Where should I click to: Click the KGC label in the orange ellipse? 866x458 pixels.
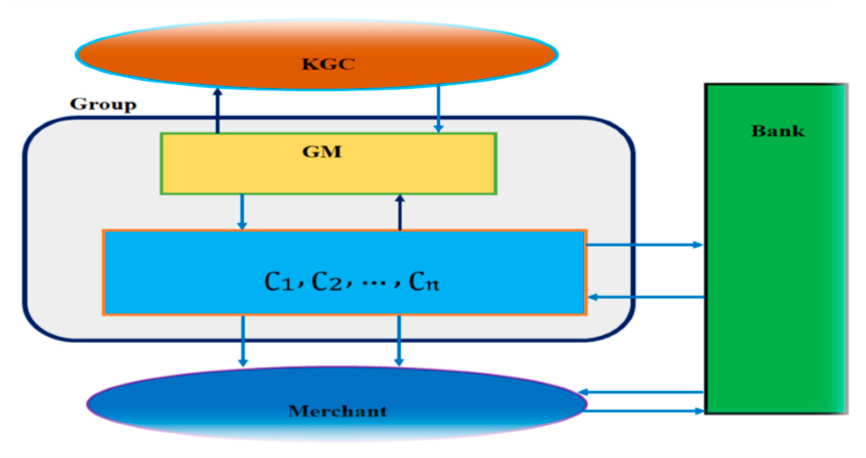tap(328, 64)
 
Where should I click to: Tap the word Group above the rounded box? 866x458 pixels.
tap(103, 104)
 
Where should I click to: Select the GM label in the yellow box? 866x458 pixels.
tap(322, 152)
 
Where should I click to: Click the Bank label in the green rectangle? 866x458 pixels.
tap(777, 131)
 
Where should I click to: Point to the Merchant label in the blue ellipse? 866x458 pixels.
tap(337, 411)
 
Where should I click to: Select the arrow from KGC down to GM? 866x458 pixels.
tap(438, 108)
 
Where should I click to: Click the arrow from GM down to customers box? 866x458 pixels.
tap(242, 212)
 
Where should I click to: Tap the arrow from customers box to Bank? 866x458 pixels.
tap(644, 244)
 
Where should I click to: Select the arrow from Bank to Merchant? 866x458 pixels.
tap(642, 391)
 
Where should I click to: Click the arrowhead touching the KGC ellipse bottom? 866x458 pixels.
tap(217, 91)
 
